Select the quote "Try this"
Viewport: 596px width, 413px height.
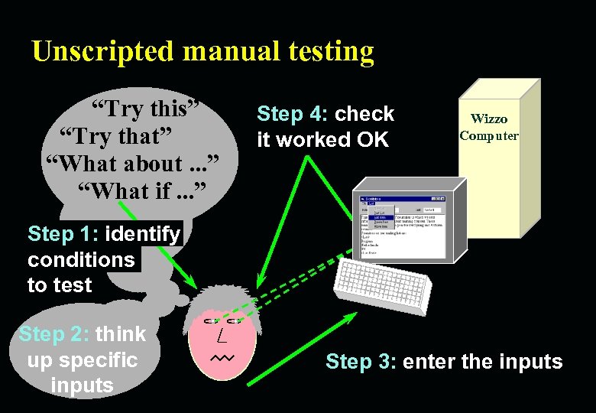pos(146,109)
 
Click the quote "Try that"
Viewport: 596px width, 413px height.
pos(116,136)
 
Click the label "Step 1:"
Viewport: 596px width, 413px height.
pos(63,233)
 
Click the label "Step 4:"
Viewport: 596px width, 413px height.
pos(293,114)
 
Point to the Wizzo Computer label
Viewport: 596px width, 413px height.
pos(489,127)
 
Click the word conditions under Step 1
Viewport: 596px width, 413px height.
pos(81,259)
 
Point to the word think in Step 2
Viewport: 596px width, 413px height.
pos(121,333)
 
